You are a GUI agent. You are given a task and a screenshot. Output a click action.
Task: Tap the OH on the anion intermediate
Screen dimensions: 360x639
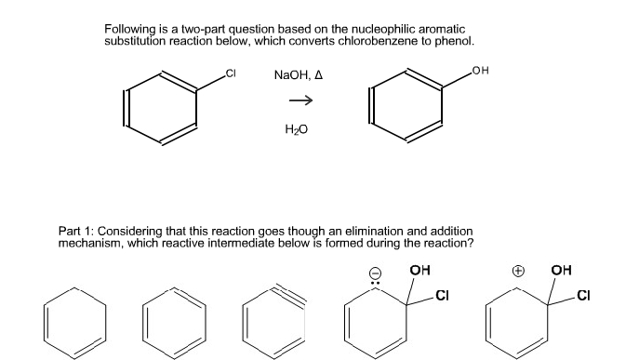(x=419, y=273)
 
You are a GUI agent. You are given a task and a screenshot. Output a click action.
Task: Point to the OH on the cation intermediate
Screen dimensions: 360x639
(x=562, y=273)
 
